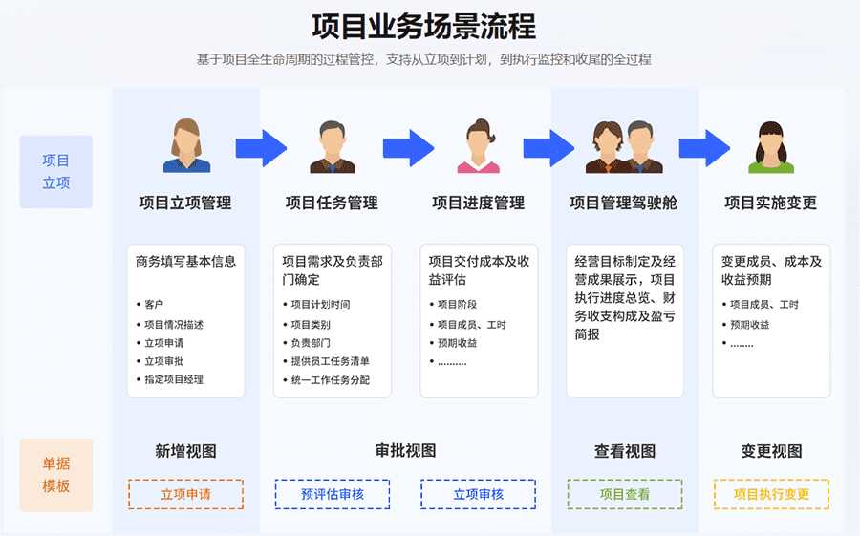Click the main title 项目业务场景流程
click(x=424, y=27)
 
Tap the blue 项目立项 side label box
click(x=56, y=172)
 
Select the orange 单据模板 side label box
click(x=56, y=475)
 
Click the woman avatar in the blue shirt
click(x=186, y=145)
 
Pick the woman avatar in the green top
click(x=771, y=147)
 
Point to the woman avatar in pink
click(x=479, y=145)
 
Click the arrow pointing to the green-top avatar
click(x=704, y=148)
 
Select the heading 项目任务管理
click(x=332, y=203)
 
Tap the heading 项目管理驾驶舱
click(x=624, y=203)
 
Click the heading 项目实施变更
click(x=770, y=203)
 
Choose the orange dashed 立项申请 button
click(x=186, y=494)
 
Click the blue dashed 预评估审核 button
click(x=333, y=494)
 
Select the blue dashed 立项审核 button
click(x=479, y=494)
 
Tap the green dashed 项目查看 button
click(x=625, y=494)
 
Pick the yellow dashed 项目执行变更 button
click(x=771, y=494)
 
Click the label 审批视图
click(x=406, y=450)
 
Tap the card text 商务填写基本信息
click(x=186, y=261)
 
